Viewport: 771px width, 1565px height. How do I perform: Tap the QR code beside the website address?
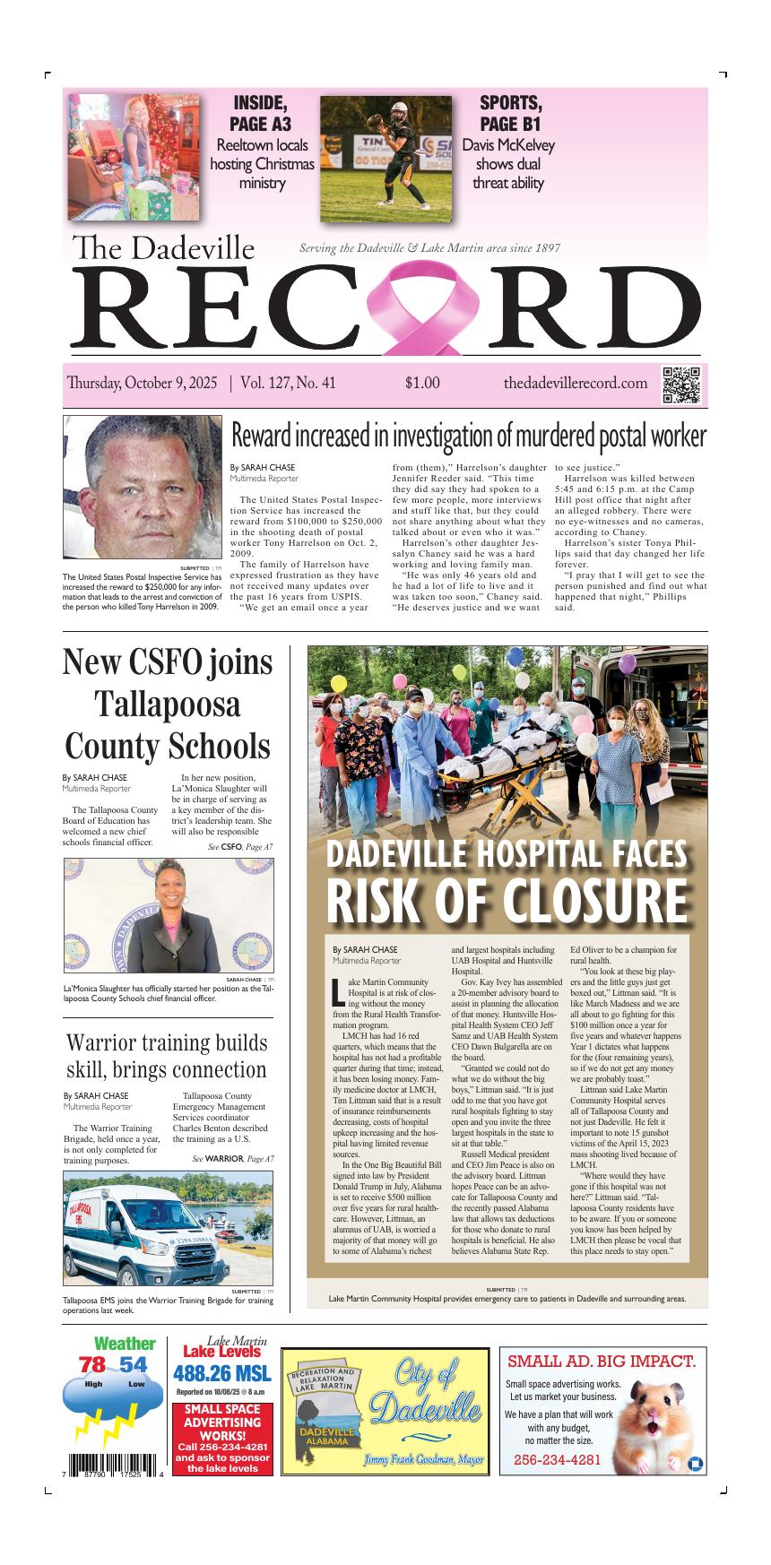point(680,385)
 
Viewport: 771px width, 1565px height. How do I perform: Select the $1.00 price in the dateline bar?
point(422,384)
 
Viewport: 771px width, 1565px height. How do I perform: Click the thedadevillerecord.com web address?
point(575,384)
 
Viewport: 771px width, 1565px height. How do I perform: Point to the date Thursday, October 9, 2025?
point(142,384)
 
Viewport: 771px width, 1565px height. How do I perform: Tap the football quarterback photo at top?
point(386,159)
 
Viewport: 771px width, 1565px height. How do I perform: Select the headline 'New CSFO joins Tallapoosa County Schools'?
point(168,704)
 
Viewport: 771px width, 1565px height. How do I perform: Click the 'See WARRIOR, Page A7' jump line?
point(233,1159)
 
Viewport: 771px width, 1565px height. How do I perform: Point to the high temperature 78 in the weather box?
point(92,1365)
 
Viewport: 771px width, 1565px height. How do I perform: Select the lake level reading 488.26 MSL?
point(221,1374)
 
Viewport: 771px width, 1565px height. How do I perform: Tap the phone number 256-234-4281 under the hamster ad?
point(557,1460)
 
